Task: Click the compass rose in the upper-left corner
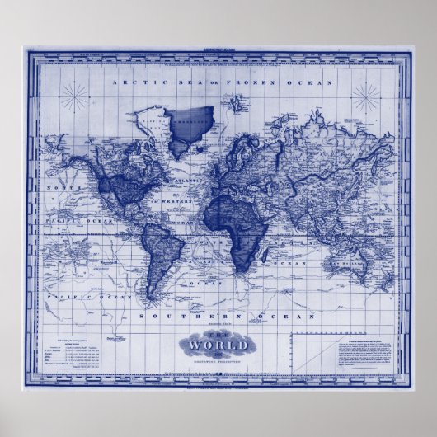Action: (x=78, y=97)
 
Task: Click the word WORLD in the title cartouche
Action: (x=218, y=345)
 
